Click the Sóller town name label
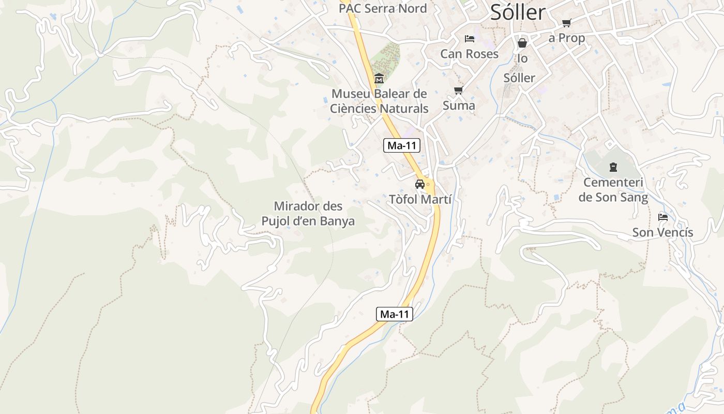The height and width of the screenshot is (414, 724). pos(518,12)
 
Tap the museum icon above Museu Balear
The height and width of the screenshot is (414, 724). pos(379,79)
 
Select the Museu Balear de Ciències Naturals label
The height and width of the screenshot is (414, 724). pos(380,101)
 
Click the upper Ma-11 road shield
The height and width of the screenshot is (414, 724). pos(402,146)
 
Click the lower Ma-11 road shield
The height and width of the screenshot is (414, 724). pos(394,314)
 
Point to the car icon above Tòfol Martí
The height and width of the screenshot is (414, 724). pos(420,184)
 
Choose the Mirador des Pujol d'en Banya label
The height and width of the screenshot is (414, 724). pos(308,214)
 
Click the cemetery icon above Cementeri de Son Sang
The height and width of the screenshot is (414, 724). pos(613,167)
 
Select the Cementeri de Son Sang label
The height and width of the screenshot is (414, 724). pos(613,190)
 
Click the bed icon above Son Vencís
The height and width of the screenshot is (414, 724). pos(663,217)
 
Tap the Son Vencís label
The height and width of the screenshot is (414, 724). pos(662,233)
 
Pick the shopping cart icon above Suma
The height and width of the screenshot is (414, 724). pos(458,91)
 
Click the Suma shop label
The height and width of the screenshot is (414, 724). pos(459,106)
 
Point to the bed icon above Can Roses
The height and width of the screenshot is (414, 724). pos(469,39)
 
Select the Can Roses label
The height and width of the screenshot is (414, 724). pos(469,54)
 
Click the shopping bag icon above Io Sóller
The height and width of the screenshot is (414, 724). pos(522,43)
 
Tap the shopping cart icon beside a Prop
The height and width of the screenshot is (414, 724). pos(566,23)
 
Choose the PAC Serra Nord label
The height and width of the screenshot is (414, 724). pos(383,8)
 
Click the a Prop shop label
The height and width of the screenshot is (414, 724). pos(567,38)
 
